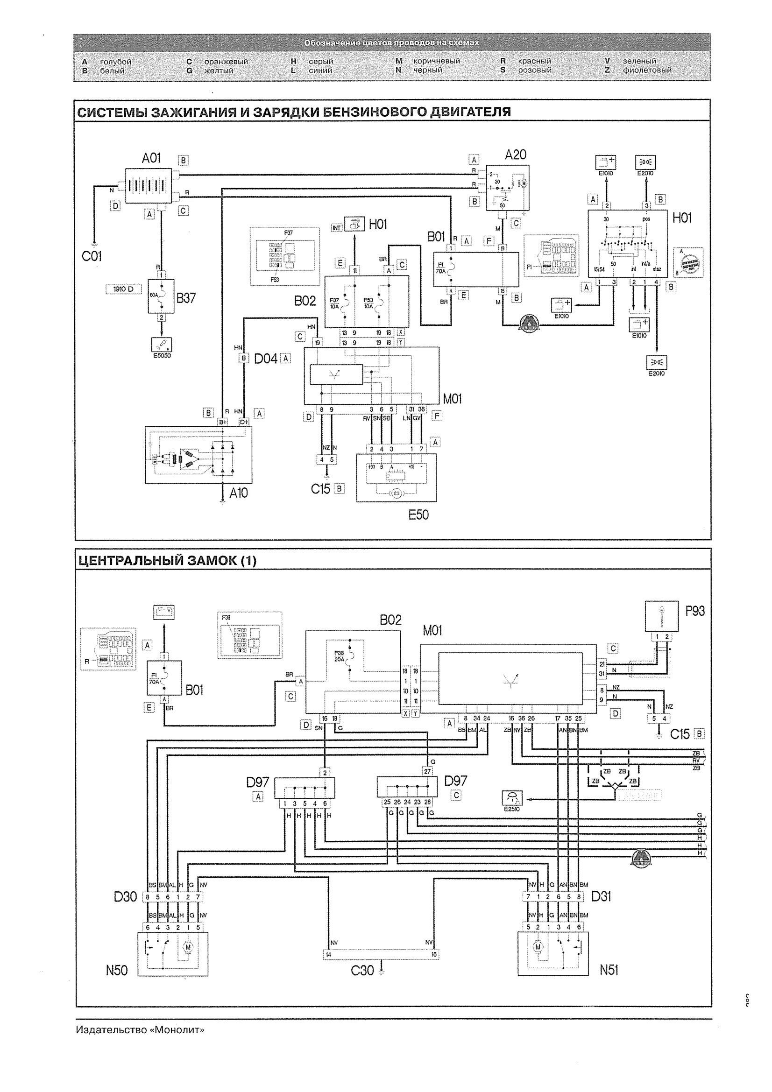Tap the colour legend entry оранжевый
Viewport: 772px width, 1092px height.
pyautogui.click(x=226, y=61)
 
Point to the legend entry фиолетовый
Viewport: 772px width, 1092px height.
pyautogui.click(x=647, y=70)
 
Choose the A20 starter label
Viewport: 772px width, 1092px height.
pyautogui.click(x=516, y=155)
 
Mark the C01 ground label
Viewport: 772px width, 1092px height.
pyautogui.click(x=92, y=257)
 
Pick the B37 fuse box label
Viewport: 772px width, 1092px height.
pyautogui.click(x=186, y=299)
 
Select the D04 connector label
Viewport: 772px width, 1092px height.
pyautogui.click(x=266, y=359)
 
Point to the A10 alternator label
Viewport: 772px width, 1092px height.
pyautogui.click(x=238, y=493)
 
